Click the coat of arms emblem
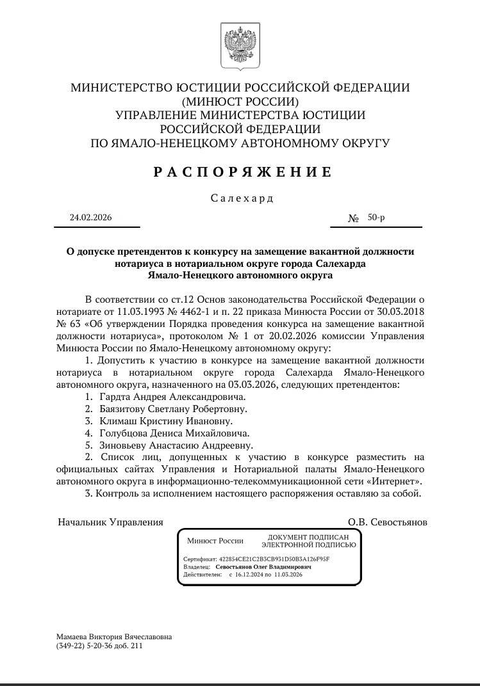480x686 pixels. (240, 44)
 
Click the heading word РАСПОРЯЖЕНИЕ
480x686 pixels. (243, 171)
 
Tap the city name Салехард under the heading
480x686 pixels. (242, 198)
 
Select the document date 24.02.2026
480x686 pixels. (91, 218)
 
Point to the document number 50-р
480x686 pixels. (376, 218)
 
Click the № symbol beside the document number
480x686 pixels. (354, 218)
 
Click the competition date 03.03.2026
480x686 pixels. (251, 385)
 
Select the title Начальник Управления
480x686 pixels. (110, 522)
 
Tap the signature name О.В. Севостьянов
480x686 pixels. (387, 522)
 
